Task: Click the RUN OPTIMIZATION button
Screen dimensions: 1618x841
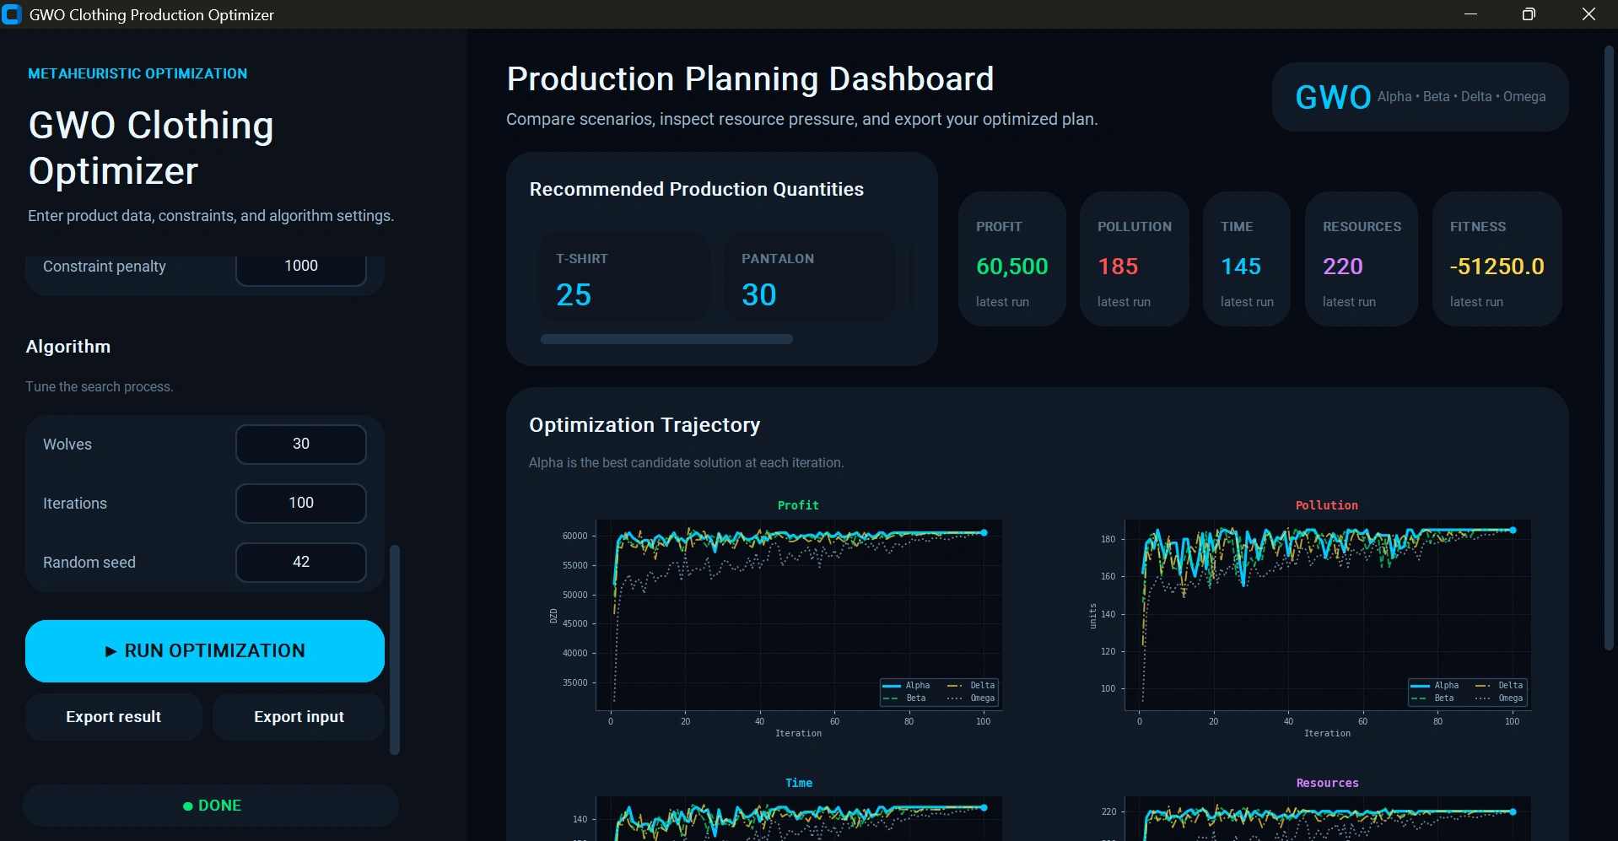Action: tap(205, 650)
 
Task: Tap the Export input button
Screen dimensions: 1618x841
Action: tap(299, 717)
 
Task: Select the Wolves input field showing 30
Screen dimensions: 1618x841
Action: tap(301, 444)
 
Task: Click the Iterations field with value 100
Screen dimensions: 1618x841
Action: tap(301, 503)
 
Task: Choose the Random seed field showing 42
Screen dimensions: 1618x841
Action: tap(301, 562)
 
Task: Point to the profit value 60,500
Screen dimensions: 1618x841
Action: tap(1012, 267)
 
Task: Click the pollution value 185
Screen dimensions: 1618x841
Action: tap(1118, 267)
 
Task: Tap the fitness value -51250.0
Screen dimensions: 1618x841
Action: tap(1497, 267)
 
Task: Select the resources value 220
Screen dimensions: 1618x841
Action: tap(1343, 267)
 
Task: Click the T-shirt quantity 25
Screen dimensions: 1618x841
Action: tap(574, 294)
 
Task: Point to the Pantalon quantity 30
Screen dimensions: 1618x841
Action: tap(759, 294)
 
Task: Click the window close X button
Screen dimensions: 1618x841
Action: tap(1588, 14)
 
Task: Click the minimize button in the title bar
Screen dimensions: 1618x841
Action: tap(1470, 14)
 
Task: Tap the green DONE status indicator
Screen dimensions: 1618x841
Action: tap(212, 806)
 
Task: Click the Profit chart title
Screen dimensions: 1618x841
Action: tap(798, 505)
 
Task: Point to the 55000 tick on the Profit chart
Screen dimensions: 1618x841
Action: tap(574, 565)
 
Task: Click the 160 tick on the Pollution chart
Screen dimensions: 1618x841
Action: tap(1108, 576)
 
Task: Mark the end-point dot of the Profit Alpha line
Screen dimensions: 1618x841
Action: tap(984, 532)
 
